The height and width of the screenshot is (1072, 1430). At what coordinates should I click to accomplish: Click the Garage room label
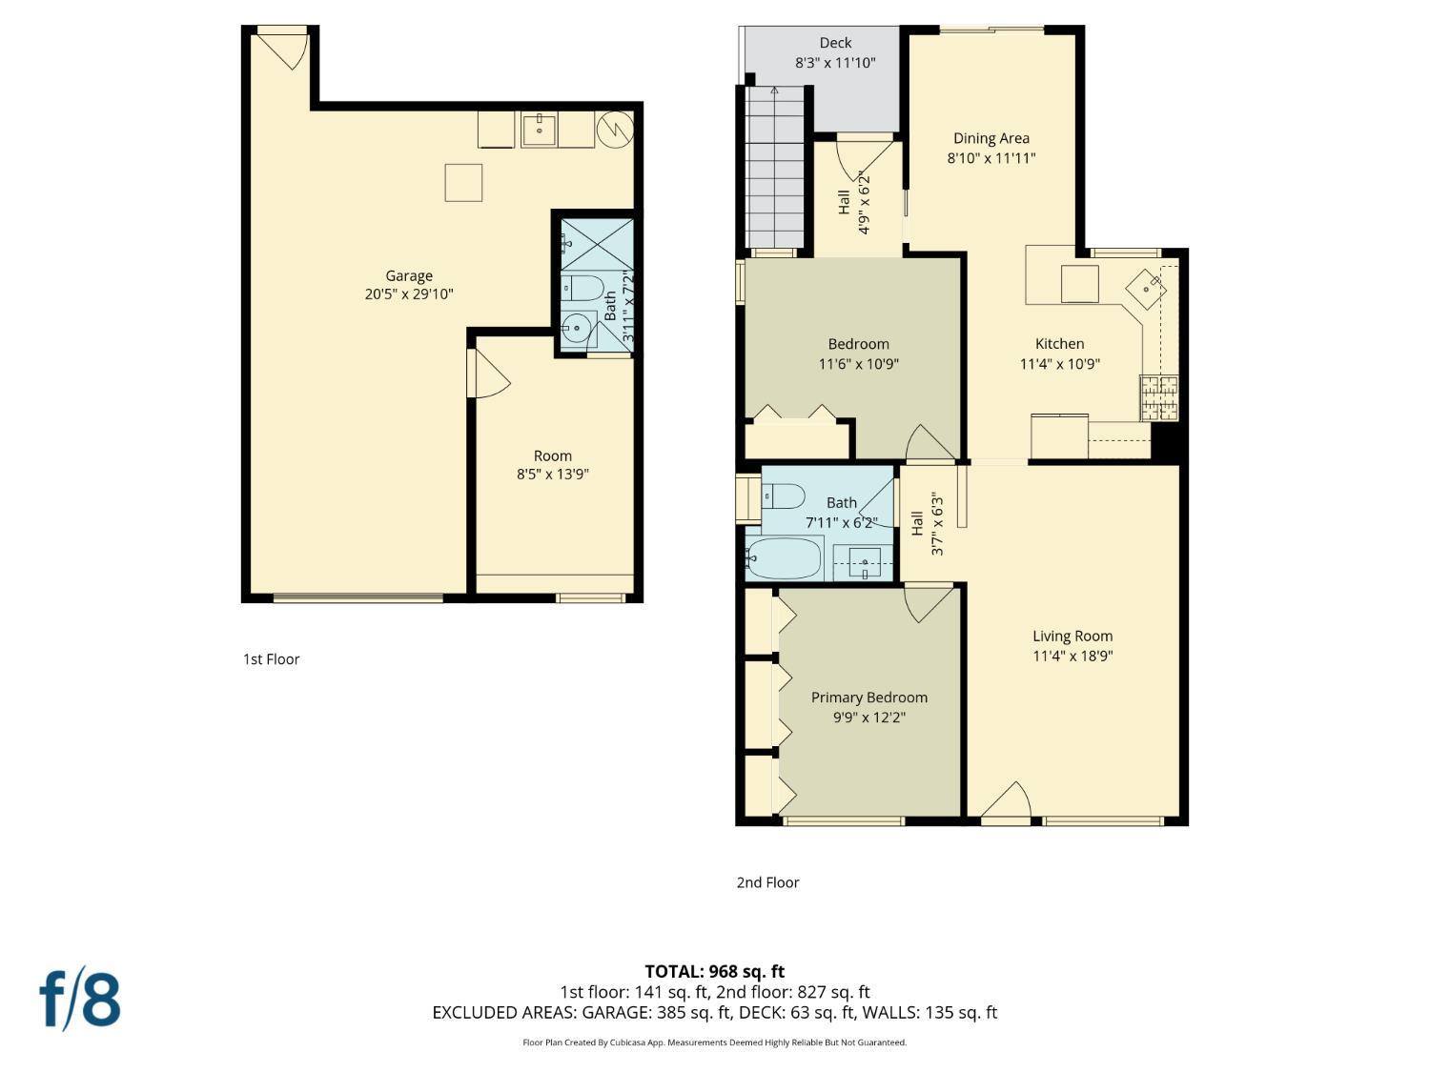tap(408, 276)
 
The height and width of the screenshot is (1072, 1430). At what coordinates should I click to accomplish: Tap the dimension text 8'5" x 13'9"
tap(552, 475)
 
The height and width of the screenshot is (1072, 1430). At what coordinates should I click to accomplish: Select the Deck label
tap(835, 43)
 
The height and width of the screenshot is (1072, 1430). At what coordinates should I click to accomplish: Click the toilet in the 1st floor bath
tap(582, 287)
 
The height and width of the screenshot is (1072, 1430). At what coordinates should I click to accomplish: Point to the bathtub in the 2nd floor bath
tap(784, 558)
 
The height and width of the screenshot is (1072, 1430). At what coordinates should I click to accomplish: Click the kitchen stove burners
tap(1159, 398)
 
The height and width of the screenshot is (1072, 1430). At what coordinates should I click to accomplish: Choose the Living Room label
tap(1072, 637)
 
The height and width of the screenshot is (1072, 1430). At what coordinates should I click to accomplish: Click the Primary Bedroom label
tap(868, 698)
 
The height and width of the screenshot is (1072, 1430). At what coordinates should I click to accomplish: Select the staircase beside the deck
tap(775, 167)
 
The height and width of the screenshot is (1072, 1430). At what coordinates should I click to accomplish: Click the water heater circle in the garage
tap(615, 128)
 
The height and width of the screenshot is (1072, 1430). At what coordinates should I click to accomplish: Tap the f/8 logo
tap(80, 998)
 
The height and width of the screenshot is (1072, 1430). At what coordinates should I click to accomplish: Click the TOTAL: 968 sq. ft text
tap(714, 972)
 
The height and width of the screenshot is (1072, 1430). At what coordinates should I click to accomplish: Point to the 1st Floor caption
tap(271, 659)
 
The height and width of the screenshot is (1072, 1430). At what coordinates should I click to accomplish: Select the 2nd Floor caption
tap(767, 882)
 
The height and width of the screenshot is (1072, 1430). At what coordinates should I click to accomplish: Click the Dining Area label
tap(991, 138)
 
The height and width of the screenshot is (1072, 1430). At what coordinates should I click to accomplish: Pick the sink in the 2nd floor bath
tap(864, 562)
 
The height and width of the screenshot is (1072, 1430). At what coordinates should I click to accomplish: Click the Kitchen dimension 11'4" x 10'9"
tap(1059, 364)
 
